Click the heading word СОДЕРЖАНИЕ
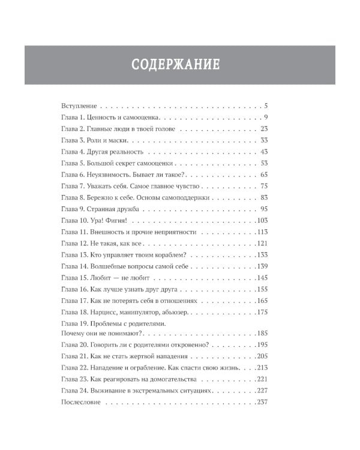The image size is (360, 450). pos(176,64)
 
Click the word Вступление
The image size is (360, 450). pos(79,105)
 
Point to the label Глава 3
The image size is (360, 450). pos(74,140)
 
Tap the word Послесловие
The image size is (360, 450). pos(82,401)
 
